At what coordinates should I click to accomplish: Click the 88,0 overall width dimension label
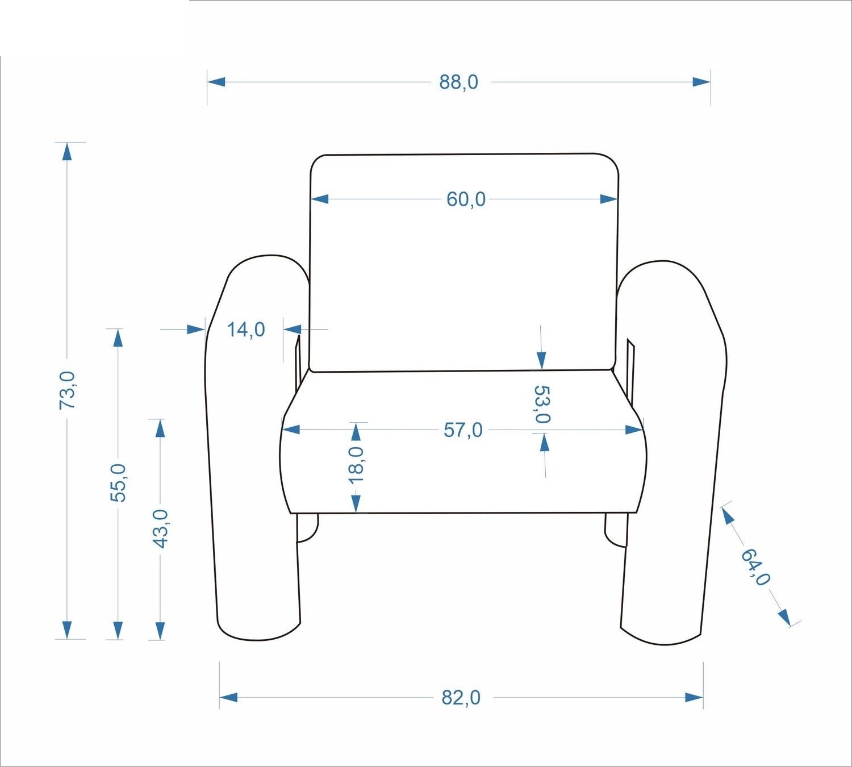click(458, 82)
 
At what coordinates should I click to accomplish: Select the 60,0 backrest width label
click(466, 199)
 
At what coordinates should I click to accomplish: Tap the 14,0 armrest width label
click(246, 330)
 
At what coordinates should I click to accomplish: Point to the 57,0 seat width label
click(463, 430)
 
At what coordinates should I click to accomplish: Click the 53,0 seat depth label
click(541, 404)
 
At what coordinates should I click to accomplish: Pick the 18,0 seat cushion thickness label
click(356, 465)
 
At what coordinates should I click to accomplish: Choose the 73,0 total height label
click(67, 390)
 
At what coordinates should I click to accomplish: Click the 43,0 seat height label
click(161, 528)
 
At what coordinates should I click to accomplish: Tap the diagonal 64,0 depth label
click(755, 567)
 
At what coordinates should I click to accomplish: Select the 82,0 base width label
click(461, 698)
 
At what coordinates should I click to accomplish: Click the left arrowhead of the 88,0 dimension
click(216, 82)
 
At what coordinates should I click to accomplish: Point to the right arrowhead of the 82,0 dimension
click(694, 697)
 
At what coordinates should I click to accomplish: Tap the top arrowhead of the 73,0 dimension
click(67, 152)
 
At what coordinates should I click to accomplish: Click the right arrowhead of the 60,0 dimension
click(609, 199)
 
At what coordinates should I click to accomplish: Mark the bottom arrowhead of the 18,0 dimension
click(356, 503)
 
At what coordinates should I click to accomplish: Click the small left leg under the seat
click(307, 528)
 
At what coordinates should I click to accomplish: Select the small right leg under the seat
click(616, 530)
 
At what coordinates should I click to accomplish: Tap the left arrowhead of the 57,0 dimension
click(291, 430)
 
